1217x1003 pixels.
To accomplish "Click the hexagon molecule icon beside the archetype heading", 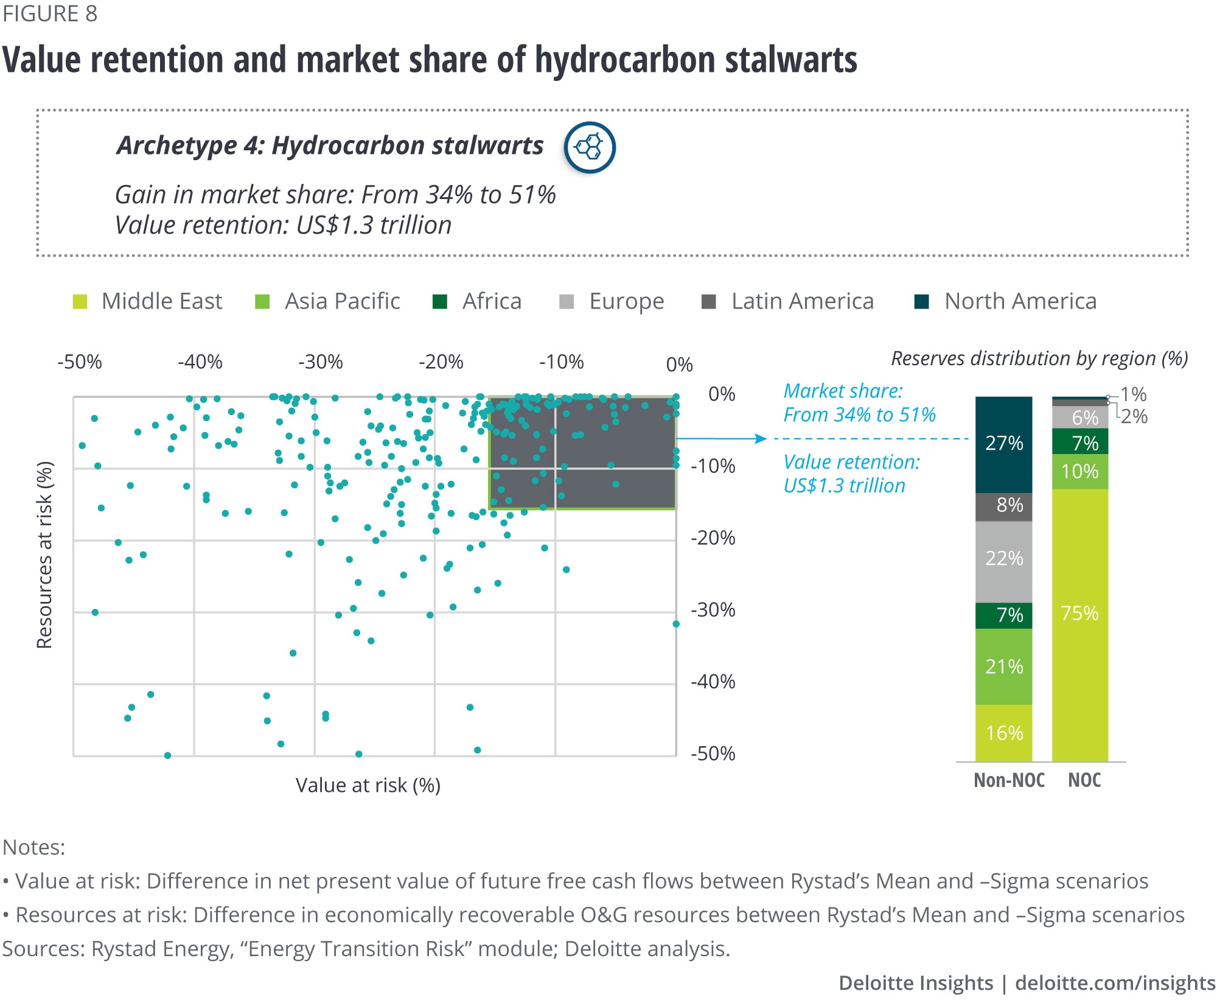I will click(589, 147).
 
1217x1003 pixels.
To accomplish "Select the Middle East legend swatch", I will click(80, 302).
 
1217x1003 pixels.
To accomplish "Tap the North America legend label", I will click(1020, 301).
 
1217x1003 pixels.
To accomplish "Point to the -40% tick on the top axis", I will click(200, 362).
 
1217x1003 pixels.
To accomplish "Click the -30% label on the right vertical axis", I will click(713, 610).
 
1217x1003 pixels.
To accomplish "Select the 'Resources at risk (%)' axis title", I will click(45, 554).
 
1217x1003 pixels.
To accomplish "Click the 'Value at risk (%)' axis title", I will click(368, 785).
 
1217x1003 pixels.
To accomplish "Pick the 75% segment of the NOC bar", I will click(1079, 613).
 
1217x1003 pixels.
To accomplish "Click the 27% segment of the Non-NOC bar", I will click(1003, 443).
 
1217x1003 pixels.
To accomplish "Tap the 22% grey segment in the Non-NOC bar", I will click(1003, 558).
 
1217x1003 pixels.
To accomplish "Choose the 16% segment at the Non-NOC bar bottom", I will click(1003, 733).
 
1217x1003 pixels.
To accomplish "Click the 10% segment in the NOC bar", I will click(1079, 472).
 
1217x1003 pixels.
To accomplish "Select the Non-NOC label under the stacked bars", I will click(1009, 780).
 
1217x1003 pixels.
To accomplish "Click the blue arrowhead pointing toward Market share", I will click(761, 439).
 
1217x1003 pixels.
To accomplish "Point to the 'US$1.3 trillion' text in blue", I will click(844, 486).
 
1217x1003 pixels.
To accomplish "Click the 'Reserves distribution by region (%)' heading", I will click(1039, 358).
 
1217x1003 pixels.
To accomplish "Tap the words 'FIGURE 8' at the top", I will click(50, 13).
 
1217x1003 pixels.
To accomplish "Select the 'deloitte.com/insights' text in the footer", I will click(1115, 983).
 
